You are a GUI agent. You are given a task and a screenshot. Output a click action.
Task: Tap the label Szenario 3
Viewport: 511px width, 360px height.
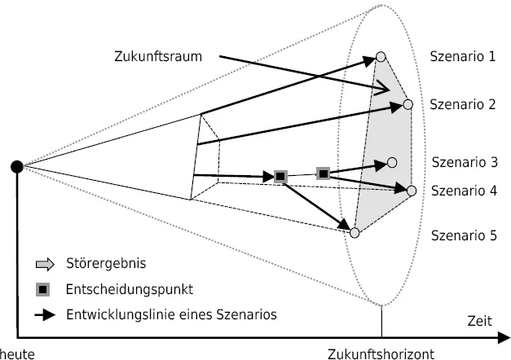pos(462,162)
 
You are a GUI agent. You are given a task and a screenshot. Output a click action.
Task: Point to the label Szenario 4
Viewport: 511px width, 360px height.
pos(462,191)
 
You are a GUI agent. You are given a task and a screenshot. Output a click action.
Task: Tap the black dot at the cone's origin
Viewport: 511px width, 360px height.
pos(16,167)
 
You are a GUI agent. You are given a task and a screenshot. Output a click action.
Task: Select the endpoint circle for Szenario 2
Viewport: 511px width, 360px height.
pos(407,105)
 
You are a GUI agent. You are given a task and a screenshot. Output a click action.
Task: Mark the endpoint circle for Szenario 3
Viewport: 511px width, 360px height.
pos(392,162)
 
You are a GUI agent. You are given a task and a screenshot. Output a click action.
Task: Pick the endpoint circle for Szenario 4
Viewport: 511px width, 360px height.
pos(412,191)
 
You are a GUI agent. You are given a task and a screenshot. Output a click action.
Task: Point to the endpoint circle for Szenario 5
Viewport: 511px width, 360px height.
pos(355,233)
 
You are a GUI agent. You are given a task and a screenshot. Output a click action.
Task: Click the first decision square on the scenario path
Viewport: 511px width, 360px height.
pos(280,176)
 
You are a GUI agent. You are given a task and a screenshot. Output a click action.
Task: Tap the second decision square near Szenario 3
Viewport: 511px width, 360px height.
pos(323,173)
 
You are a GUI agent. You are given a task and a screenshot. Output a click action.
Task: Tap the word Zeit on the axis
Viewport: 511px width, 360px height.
pos(479,322)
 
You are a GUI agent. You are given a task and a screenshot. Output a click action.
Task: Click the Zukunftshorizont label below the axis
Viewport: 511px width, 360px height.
pos(381,353)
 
